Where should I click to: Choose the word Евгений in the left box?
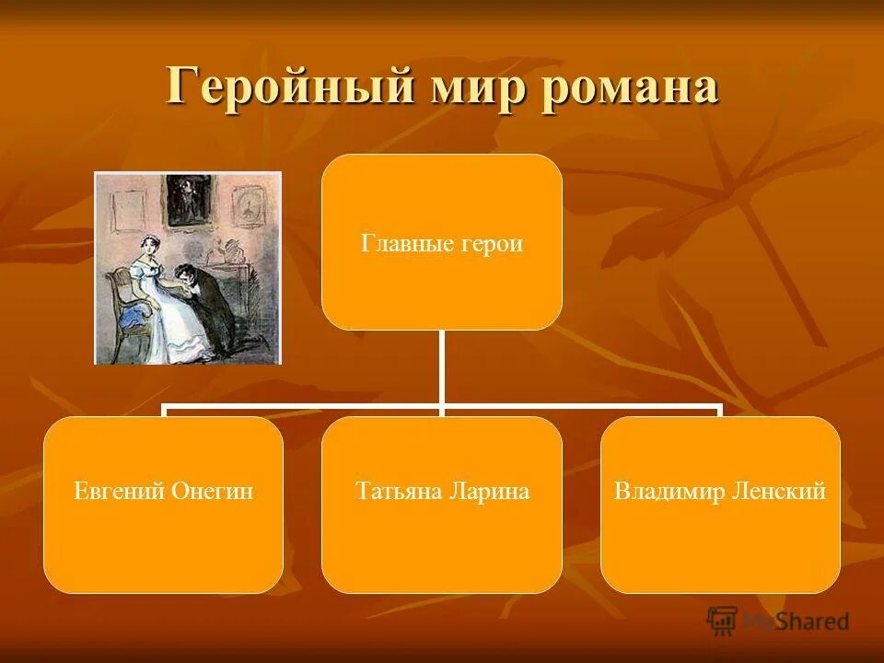coord(120,492)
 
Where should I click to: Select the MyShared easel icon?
coord(723,622)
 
